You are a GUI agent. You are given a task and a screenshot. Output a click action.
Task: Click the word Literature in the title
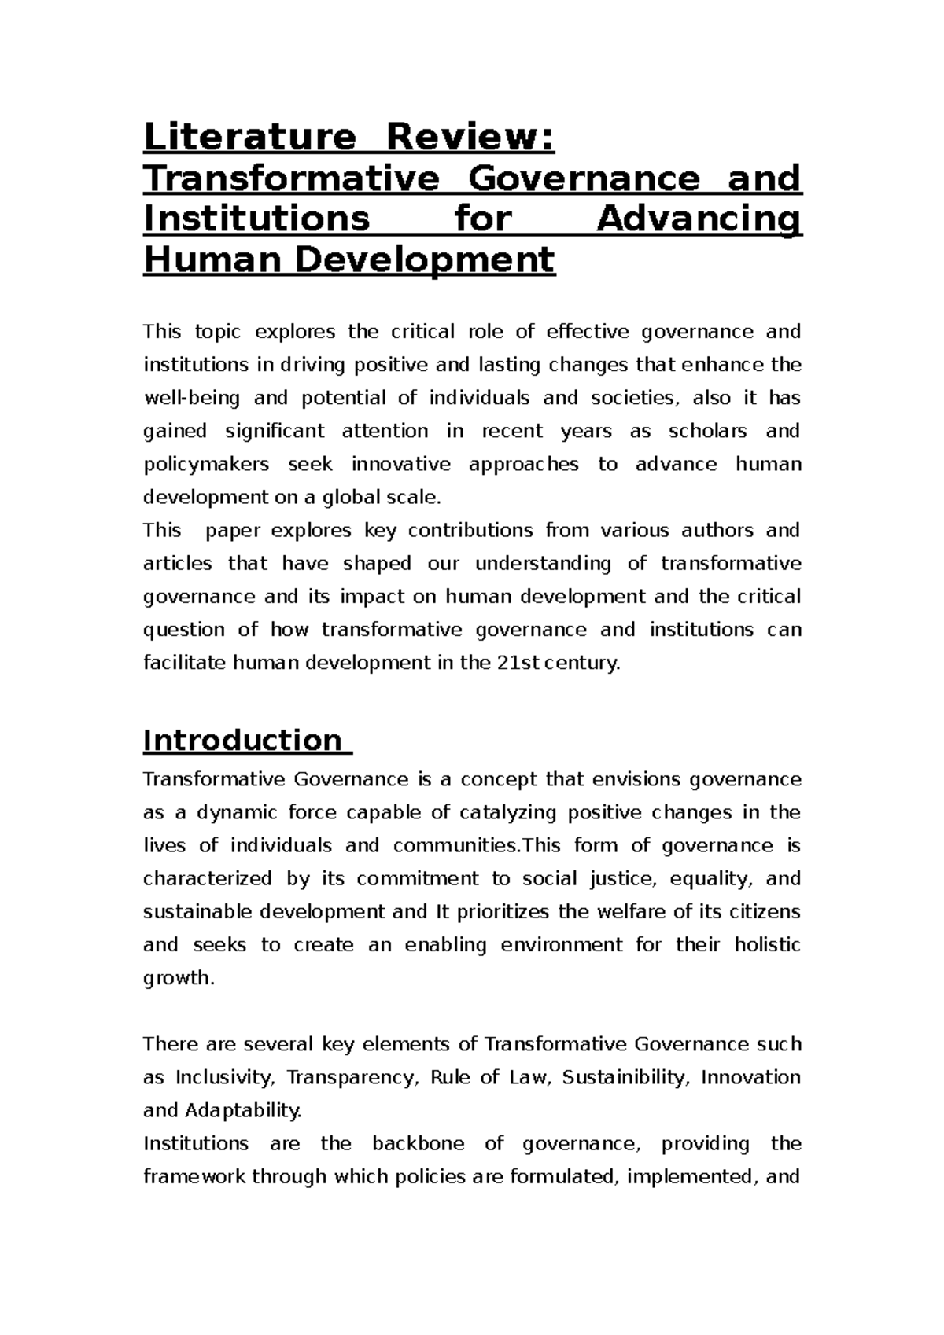(x=249, y=138)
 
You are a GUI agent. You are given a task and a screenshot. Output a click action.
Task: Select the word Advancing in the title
(x=699, y=219)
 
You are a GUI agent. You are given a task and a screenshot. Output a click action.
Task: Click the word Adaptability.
(x=242, y=1111)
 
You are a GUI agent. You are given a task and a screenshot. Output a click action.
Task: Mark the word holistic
(x=767, y=945)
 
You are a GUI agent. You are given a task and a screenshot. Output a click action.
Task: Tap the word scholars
(x=701, y=432)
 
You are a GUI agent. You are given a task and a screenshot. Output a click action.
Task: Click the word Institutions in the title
(x=256, y=219)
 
